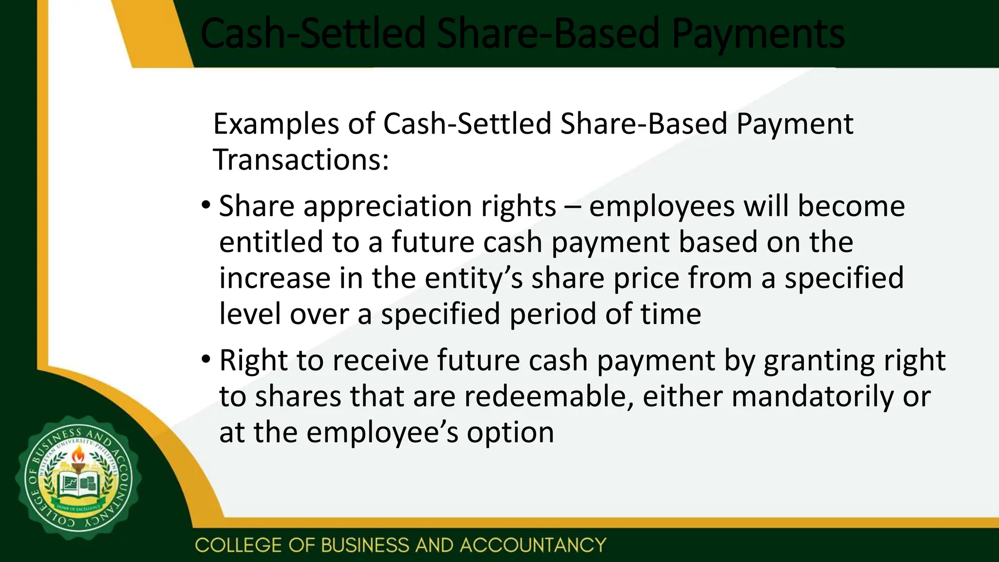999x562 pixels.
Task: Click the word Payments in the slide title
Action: coord(758,34)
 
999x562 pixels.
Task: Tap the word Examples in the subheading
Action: coord(276,124)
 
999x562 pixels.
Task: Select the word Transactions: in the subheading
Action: coord(301,160)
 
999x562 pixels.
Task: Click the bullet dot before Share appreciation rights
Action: coord(206,204)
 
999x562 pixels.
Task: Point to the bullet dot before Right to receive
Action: coord(206,360)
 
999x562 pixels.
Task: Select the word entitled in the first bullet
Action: coord(271,242)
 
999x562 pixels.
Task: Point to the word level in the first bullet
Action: coord(250,314)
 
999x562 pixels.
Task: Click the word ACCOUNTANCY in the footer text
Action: coord(533,545)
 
